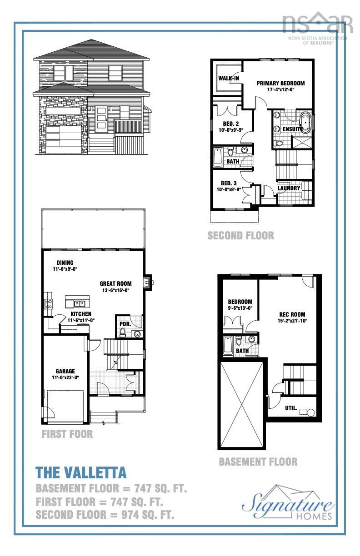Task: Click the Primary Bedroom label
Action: click(280, 83)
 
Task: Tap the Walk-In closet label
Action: click(229, 78)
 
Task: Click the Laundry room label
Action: click(289, 188)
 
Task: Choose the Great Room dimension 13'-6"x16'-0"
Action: click(115, 290)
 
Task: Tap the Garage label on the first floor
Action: click(65, 371)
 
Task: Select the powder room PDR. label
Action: click(125, 324)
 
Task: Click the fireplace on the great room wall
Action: click(147, 283)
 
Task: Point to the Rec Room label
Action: click(292, 314)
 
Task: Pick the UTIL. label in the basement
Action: click(291, 408)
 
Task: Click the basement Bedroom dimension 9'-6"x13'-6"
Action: click(240, 308)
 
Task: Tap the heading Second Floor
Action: click(240, 235)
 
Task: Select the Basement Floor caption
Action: click(258, 462)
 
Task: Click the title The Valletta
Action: click(81, 473)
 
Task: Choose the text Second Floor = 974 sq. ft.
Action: click(105, 515)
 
